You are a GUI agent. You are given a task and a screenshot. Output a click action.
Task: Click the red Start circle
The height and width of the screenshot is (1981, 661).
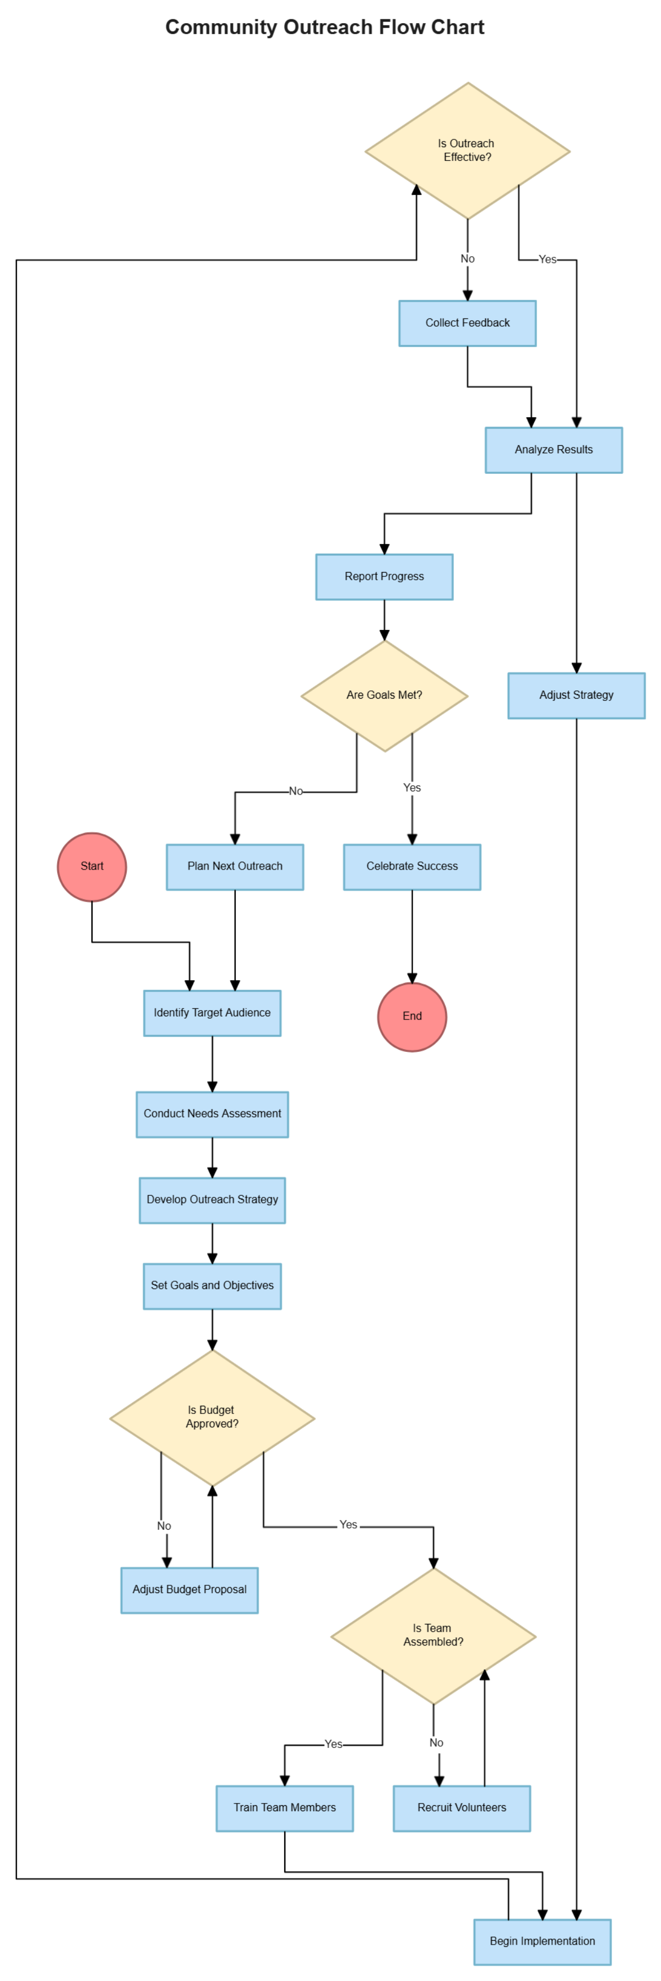91,867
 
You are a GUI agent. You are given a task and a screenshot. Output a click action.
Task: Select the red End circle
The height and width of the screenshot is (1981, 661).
412,1017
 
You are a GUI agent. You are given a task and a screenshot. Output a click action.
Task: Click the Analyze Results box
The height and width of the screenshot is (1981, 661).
554,450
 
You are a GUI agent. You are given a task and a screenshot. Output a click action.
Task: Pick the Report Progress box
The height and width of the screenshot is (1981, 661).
384,577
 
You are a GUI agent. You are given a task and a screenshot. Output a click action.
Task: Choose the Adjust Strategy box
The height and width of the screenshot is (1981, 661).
577,695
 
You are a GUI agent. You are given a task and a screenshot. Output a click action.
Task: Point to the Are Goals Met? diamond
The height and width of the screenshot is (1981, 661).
384,695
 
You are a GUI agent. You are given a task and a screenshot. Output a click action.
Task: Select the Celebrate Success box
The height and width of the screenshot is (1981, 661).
412,867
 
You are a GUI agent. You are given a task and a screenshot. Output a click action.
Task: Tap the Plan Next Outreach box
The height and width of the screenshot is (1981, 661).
235,867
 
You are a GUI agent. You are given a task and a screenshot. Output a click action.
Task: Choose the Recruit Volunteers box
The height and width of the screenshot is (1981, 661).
462,1808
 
